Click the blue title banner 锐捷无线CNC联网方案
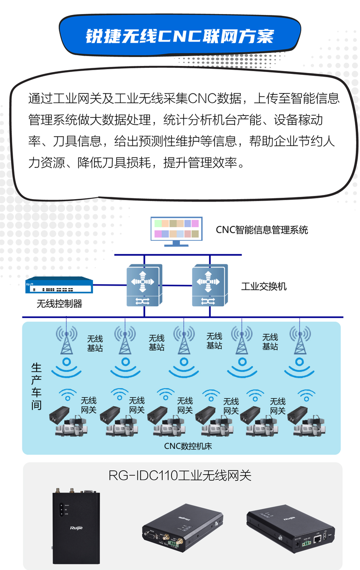180,36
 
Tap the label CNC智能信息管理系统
262,230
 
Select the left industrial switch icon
144,285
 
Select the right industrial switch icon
209,285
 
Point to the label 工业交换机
264,286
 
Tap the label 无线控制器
59,303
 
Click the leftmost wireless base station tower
66,341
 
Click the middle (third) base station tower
183,341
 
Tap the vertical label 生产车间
36,386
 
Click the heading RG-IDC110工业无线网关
180,476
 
